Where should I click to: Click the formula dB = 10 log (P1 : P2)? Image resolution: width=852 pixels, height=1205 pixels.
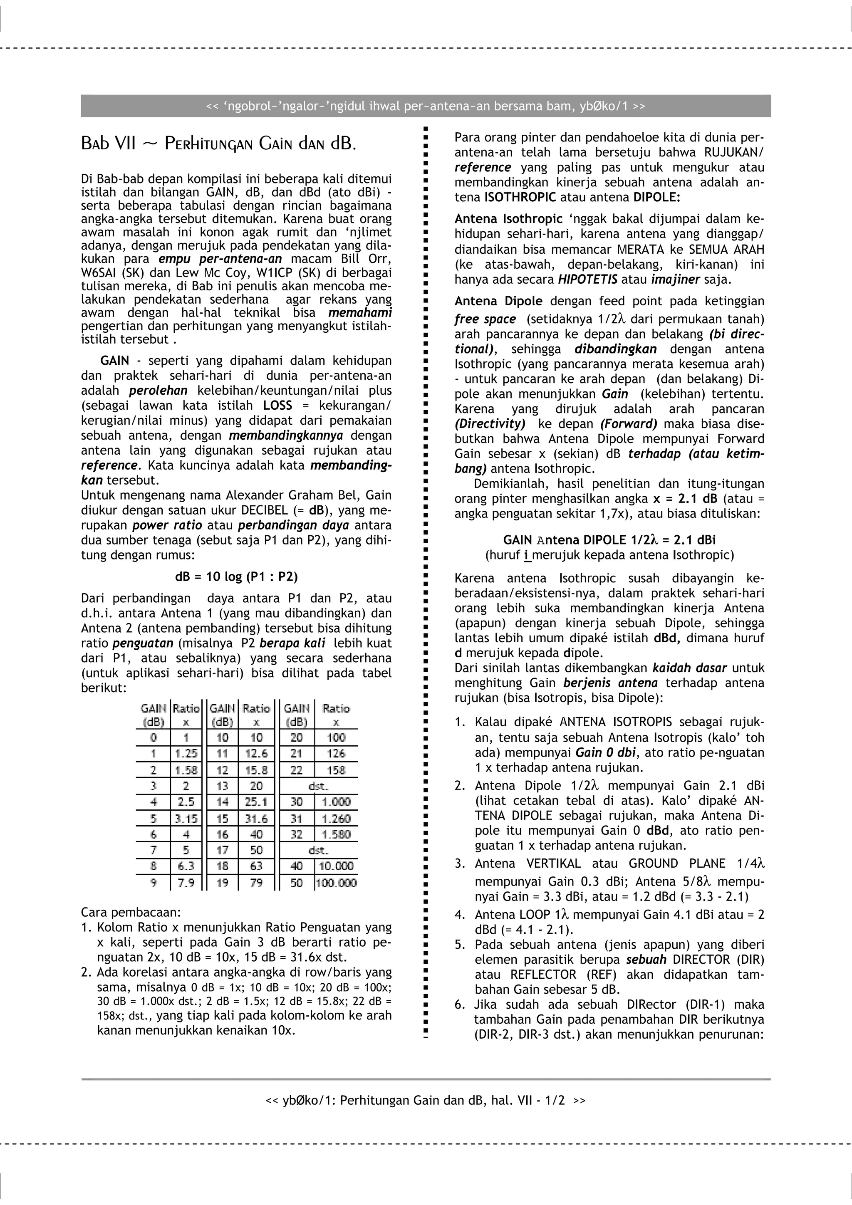point(236,577)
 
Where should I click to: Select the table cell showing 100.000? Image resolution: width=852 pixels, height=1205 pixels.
point(336,883)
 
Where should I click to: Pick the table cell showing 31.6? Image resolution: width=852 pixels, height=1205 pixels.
point(256,819)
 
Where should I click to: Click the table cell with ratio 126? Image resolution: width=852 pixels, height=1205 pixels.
point(336,754)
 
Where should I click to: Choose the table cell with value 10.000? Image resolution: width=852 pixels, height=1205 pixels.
point(336,866)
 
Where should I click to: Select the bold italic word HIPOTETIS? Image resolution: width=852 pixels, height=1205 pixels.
point(587,279)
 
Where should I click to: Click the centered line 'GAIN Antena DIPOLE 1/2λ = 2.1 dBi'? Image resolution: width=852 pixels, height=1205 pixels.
point(609,540)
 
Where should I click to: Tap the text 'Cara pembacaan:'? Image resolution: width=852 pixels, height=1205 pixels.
point(131,912)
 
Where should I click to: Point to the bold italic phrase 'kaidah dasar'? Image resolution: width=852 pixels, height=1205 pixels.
point(689,668)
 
